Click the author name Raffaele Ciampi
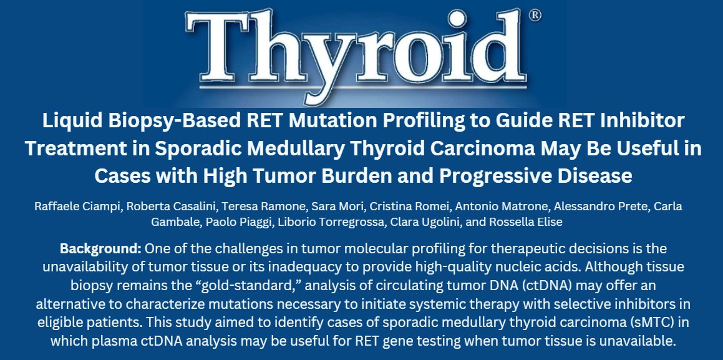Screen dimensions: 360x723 (76, 207)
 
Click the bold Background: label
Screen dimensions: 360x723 (100, 248)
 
